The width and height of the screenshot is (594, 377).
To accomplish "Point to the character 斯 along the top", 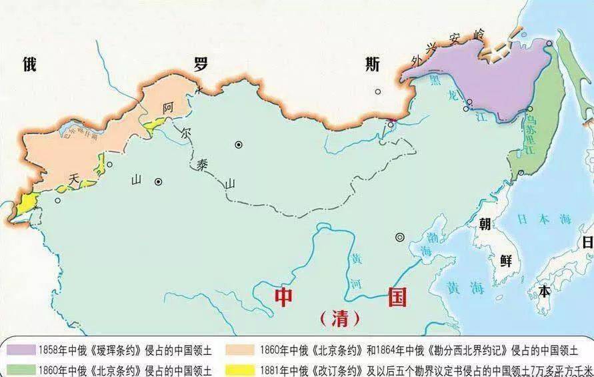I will tap(373, 65).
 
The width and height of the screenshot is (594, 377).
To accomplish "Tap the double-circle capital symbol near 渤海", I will tap(400, 236).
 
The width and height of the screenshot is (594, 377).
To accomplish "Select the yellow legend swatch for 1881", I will tap(241, 369).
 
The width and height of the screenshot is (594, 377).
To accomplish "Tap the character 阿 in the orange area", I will tap(169, 108).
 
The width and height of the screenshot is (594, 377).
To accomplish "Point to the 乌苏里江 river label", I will tap(531, 134).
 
